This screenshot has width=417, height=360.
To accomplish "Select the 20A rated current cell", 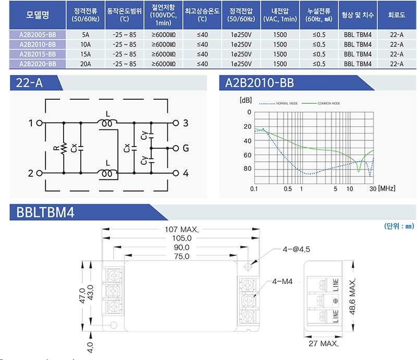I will (x=85, y=64).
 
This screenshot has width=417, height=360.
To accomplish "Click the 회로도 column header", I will (x=396, y=16).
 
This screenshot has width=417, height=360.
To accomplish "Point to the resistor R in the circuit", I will (x=63, y=148).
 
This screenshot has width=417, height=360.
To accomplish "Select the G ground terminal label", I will (x=186, y=148).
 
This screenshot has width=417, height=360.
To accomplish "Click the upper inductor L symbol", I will (x=108, y=124).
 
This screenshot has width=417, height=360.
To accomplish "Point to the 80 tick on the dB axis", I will (x=248, y=169).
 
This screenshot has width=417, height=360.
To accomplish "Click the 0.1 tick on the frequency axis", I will (x=254, y=188).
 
